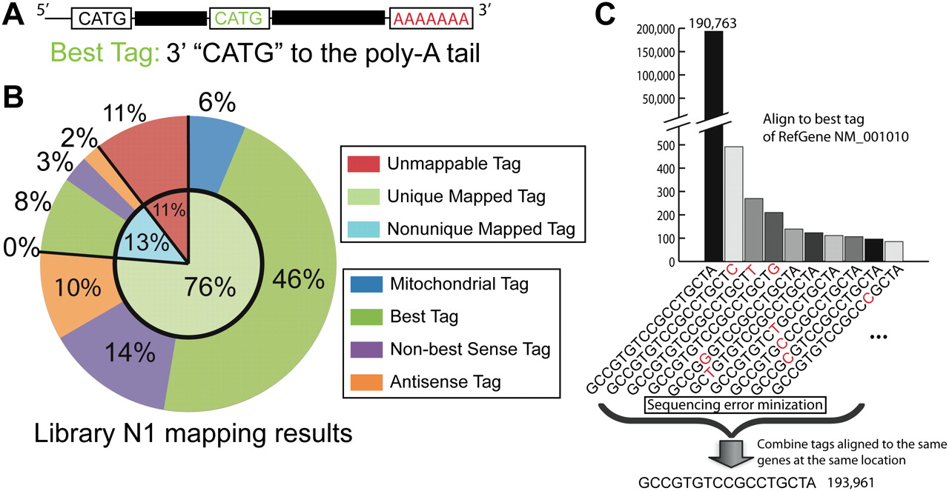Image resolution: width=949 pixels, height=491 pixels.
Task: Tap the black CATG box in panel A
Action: click(102, 19)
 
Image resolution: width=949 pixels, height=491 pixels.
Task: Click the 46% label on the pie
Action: click(299, 278)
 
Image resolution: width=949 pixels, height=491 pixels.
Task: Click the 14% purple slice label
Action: click(129, 355)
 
